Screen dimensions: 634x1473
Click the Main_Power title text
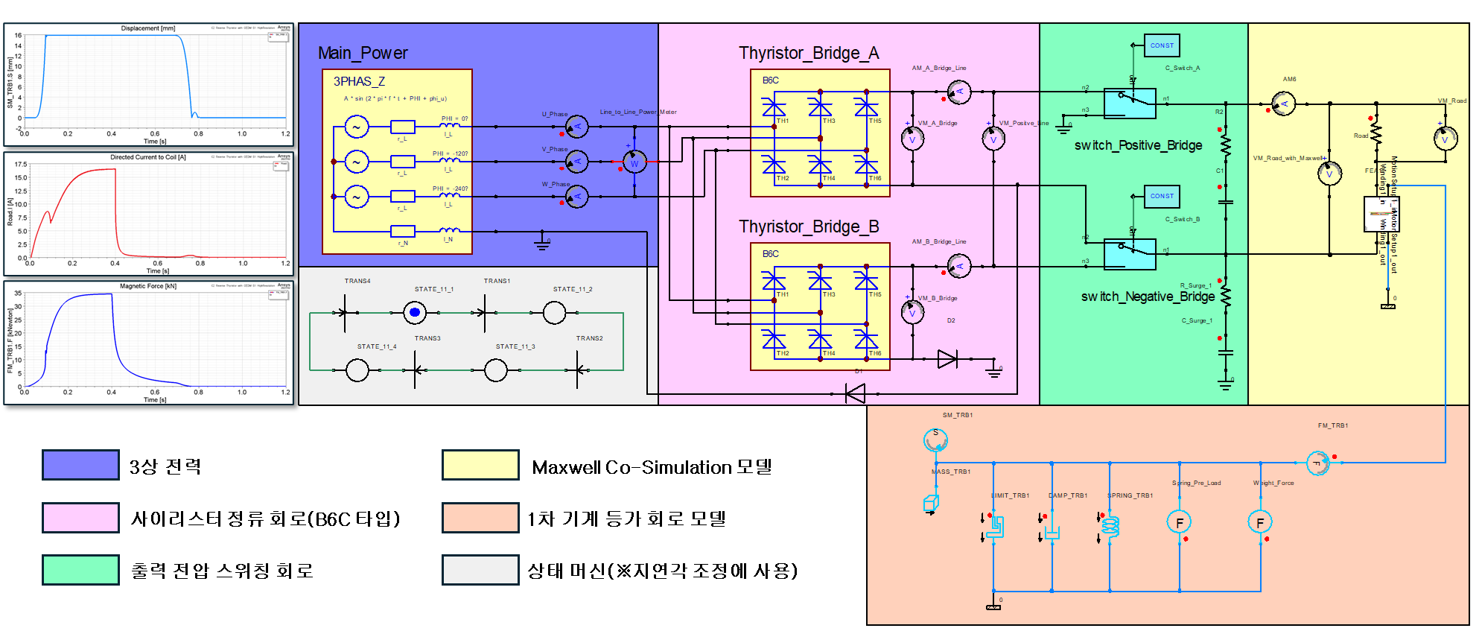point(363,53)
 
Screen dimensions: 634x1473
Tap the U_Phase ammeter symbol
point(576,127)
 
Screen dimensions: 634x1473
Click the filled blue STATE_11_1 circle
point(415,313)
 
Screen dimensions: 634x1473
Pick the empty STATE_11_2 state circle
point(554,313)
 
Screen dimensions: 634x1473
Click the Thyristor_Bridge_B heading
point(809,226)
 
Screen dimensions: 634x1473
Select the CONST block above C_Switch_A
point(1162,45)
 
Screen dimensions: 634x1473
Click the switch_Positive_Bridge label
point(1138,145)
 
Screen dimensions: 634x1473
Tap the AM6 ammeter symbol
point(1283,104)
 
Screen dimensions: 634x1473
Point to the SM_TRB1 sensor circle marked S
point(935,440)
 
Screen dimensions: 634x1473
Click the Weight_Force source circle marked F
point(1260,522)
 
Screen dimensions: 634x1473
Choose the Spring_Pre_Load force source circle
point(1179,522)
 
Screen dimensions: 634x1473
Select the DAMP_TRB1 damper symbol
point(1052,532)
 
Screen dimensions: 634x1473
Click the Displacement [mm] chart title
point(148,28)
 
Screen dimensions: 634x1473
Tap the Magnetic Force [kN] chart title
point(148,286)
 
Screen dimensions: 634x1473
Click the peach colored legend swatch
point(480,517)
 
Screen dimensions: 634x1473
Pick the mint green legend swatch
point(80,570)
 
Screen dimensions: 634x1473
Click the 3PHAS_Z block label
point(359,81)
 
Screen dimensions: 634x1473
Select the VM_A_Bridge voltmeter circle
point(912,139)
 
